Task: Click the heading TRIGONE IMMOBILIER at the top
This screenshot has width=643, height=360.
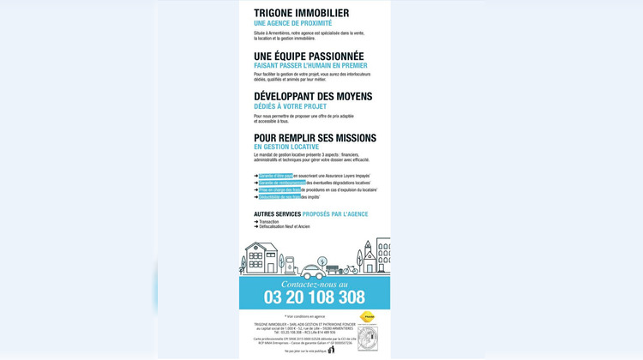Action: (x=301, y=13)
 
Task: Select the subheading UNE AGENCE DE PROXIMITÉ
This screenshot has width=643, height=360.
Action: (x=292, y=23)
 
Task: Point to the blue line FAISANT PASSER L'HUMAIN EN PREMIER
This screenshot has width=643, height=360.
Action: (x=310, y=65)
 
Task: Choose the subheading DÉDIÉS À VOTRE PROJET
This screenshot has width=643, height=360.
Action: (x=290, y=106)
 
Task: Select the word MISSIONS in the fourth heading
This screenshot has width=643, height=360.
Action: (x=353, y=138)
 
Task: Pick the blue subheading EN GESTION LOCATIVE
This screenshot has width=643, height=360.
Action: (x=285, y=147)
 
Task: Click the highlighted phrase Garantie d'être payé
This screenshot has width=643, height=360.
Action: (x=276, y=176)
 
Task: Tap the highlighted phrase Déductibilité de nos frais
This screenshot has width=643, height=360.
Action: (x=279, y=197)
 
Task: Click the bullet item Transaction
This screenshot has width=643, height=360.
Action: (x=268, y=222)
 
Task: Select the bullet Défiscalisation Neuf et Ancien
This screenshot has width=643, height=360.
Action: (x=284, y=226)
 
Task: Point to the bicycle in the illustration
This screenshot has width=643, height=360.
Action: (x=351, y=268)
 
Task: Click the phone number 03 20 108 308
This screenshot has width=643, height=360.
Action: (x=314, y=297)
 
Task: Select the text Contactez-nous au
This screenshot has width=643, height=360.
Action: (x=314, y=284)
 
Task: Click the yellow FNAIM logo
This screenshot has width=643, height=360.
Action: (x=367, y=317)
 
